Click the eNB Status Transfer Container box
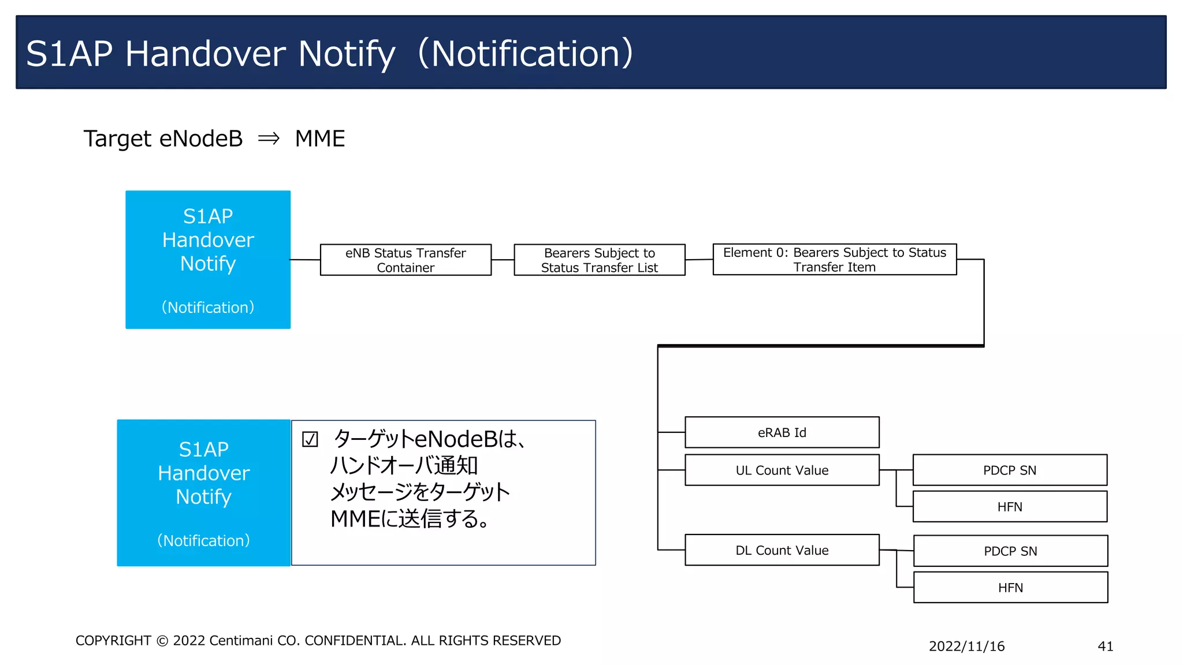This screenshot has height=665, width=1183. (x=406, y=260)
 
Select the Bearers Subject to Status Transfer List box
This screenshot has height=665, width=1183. (x=599, y=260)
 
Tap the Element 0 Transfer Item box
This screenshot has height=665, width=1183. (x=834, y=259)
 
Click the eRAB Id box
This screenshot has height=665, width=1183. (x=782, y=432)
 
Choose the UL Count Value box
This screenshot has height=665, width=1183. (x=782, y=470)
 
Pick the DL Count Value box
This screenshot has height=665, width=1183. (x=782, y=550)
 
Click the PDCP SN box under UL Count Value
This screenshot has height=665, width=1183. (x=1009, y=470)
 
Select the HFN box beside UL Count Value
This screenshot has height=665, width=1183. (x=1009, y=506)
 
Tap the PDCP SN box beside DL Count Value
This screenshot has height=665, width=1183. (x=1010, y=551)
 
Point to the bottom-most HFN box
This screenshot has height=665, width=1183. (x=1010, y=587)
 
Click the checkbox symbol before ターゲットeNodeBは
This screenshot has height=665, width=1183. (x=310, y=440)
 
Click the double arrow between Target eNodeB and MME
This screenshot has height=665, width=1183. (x=269, y=139)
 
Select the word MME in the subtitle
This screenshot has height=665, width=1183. (x=319, y=139)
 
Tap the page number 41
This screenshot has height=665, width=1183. (x=1105, y=646)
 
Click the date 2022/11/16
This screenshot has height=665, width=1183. (x=966, y=646)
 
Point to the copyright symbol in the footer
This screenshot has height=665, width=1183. (x=162, y=641)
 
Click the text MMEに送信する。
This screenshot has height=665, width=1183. (x=410, y=518)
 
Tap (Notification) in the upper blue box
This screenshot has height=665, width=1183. (x=208, y=307)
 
